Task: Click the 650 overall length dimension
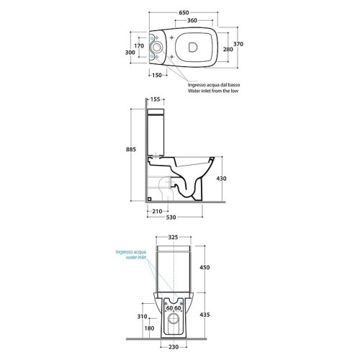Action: click(184, 12)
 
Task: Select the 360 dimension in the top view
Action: click(192, 20)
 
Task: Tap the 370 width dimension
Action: click(238, 44)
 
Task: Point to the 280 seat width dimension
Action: click(228, 49)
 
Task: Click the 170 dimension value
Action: click(139, 45)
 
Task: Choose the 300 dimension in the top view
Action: click(130, 53)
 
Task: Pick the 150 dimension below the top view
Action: click(157, 75)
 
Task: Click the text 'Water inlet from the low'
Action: click(213, 91)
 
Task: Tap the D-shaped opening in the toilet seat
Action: click(193, 47)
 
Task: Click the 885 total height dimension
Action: click(131, 149)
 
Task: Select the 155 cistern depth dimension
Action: click(156, 99)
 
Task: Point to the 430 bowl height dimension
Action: click(221, 179)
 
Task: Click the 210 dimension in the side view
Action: click(157, 211)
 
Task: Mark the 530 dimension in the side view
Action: click(171, 217)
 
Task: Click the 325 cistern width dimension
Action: click(173, 237)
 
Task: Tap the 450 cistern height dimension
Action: click(204, 267)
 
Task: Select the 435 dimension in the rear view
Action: click(204, 315)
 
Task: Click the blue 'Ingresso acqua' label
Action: click(131, 252)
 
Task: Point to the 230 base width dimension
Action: click(174, 347)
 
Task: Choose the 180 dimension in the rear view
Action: click(150, 328)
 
